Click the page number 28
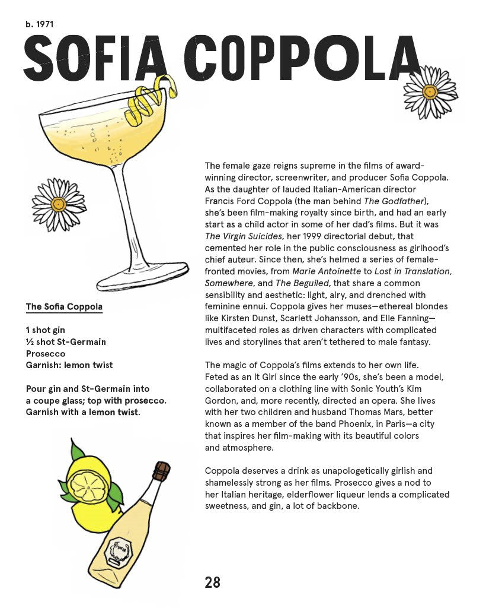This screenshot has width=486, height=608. (212, 582)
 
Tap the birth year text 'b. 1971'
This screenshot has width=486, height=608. (40, 24)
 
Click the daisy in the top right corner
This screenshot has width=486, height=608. (430, 91)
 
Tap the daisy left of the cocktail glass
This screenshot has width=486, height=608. (59, 204)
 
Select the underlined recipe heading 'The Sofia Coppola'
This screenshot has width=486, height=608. (64, 307)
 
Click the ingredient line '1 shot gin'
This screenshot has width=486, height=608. (46, 330)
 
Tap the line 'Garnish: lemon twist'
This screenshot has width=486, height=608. (69, 365)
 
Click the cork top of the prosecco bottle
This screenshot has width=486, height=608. (161, 471)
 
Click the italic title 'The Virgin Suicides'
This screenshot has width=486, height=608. (242, 236)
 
